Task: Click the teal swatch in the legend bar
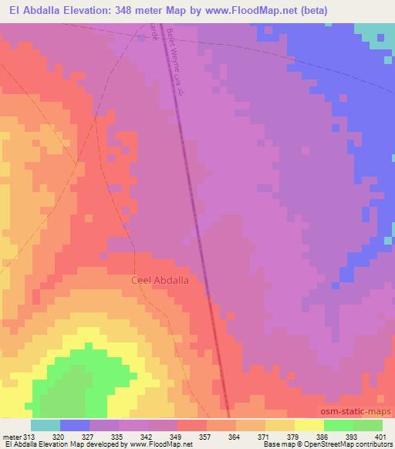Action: coord(46,425)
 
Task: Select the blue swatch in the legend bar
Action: coord(75,425)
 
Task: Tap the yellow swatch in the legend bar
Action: coord(309,425)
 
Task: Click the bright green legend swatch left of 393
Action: coord(339,425)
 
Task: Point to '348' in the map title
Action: coord(123,11)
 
